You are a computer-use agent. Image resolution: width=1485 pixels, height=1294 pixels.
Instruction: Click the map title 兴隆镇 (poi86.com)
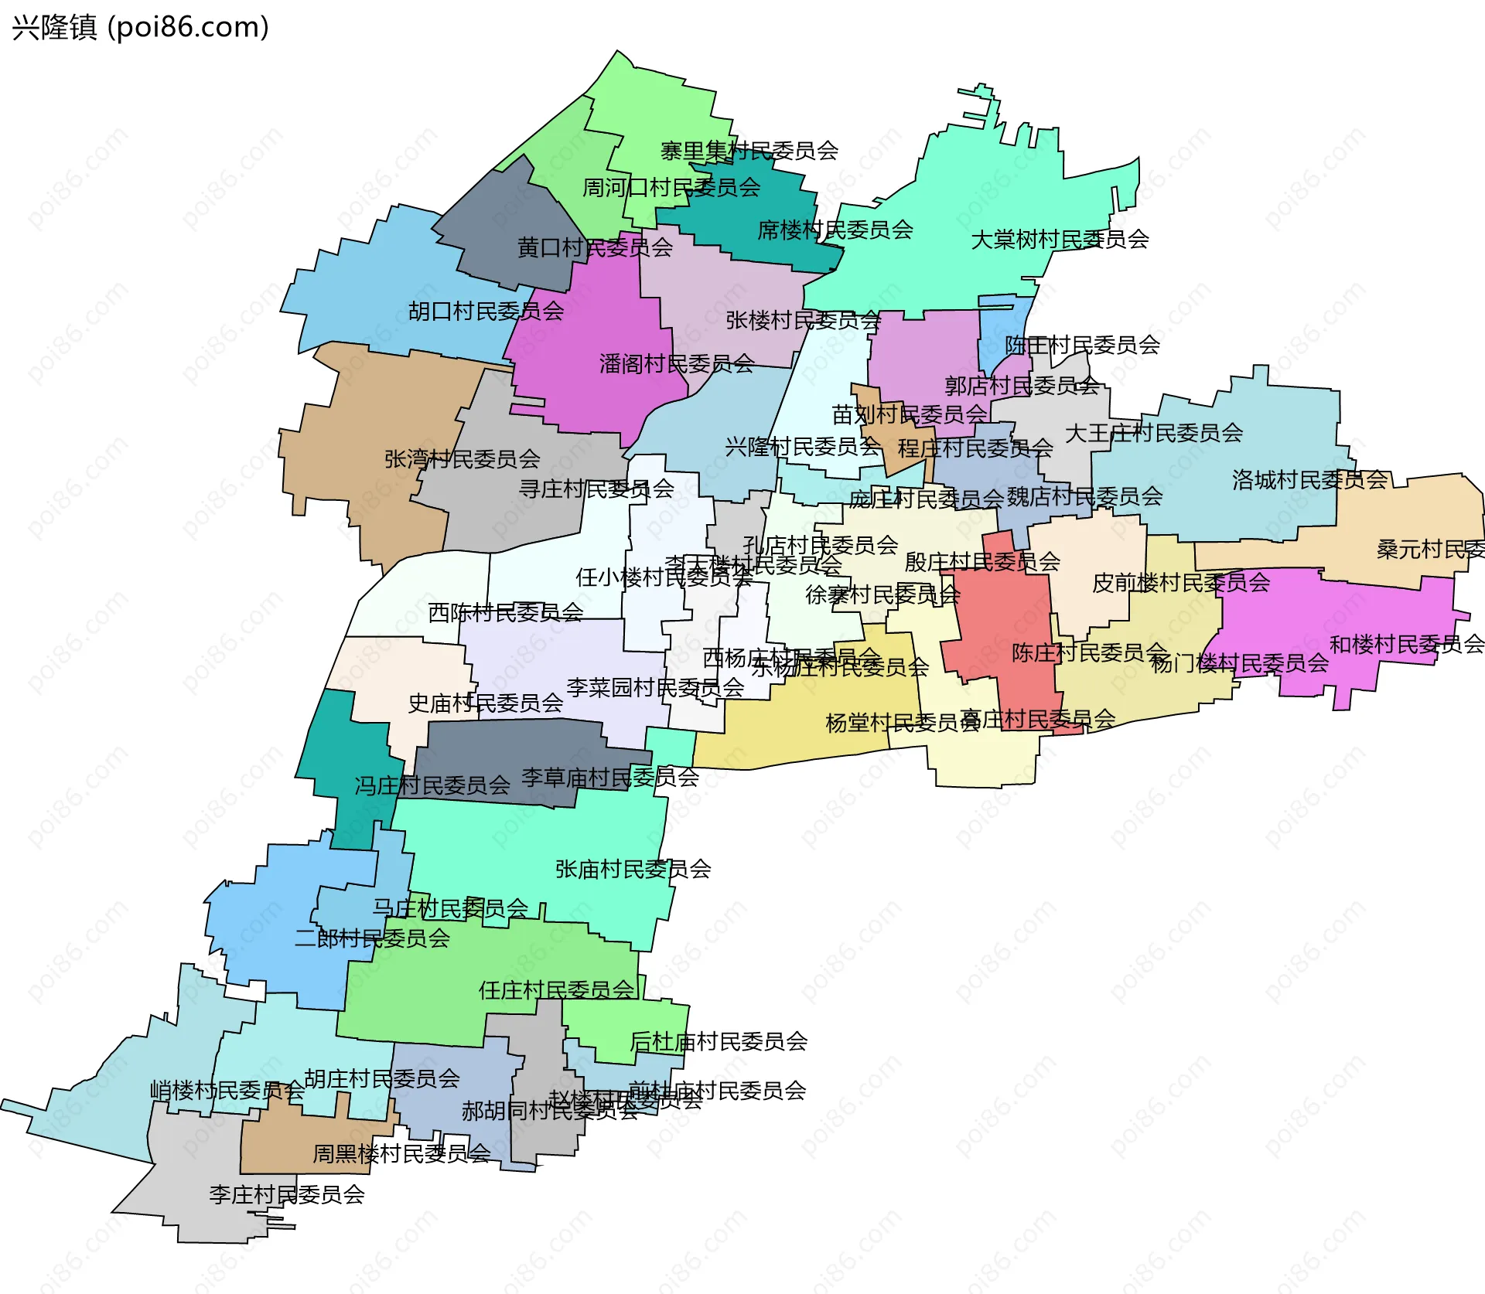click(x=140, y=27)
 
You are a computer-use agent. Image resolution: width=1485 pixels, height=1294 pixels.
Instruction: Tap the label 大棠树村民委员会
click(x=1060, y=240)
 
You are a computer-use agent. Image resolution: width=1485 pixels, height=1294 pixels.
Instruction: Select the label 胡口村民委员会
click(x=486, y=312)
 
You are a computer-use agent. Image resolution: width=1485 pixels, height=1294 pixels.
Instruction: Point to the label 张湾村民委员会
click(x=463, y=459)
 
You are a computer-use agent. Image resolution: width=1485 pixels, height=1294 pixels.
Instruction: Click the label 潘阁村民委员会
click(x=677, y=364)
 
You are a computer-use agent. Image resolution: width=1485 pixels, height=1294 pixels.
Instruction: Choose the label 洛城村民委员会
click(x=1309, y=480)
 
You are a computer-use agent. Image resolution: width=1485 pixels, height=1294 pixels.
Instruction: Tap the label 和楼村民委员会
click(x=1406, y=644)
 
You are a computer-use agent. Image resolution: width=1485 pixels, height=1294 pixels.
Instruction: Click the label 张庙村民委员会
click(x=633, y=870)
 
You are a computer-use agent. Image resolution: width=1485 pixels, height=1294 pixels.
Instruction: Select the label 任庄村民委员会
click(x=556, y=990)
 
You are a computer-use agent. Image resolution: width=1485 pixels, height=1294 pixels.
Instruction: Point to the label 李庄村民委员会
click(x=286, y=1195)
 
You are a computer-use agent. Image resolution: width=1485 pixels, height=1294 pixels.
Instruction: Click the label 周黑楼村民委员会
click(x=401, y=1154)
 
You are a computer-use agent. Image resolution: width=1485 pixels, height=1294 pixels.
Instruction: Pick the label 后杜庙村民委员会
click(x=719, y=1042)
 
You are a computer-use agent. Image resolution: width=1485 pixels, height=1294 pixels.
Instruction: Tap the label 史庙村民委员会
click(x=485, y=703)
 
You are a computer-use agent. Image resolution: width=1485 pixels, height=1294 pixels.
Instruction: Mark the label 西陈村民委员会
click(x=506, y=613)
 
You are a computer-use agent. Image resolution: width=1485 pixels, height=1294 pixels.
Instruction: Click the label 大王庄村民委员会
click(x=1153, y=433)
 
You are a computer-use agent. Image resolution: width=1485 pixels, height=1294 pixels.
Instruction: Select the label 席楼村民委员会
click(x=835, y=230)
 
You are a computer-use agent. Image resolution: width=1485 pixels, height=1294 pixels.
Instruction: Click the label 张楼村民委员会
click(x=803, y=321)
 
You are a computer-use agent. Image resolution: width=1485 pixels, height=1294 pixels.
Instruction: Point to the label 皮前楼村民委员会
click(x=1180, y=583)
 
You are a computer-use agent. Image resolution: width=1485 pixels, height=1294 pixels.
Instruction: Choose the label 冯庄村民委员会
click(x=432, y=786)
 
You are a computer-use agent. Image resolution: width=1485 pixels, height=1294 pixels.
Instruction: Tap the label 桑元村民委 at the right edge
click(x=1429, y=550)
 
